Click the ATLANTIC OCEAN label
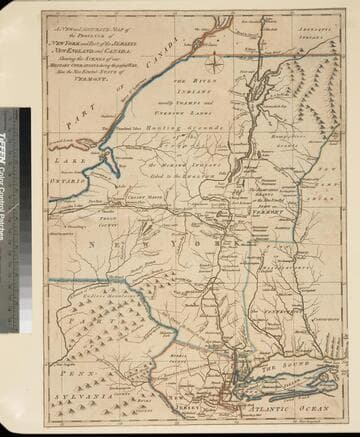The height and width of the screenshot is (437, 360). click(x=289, y=406)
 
